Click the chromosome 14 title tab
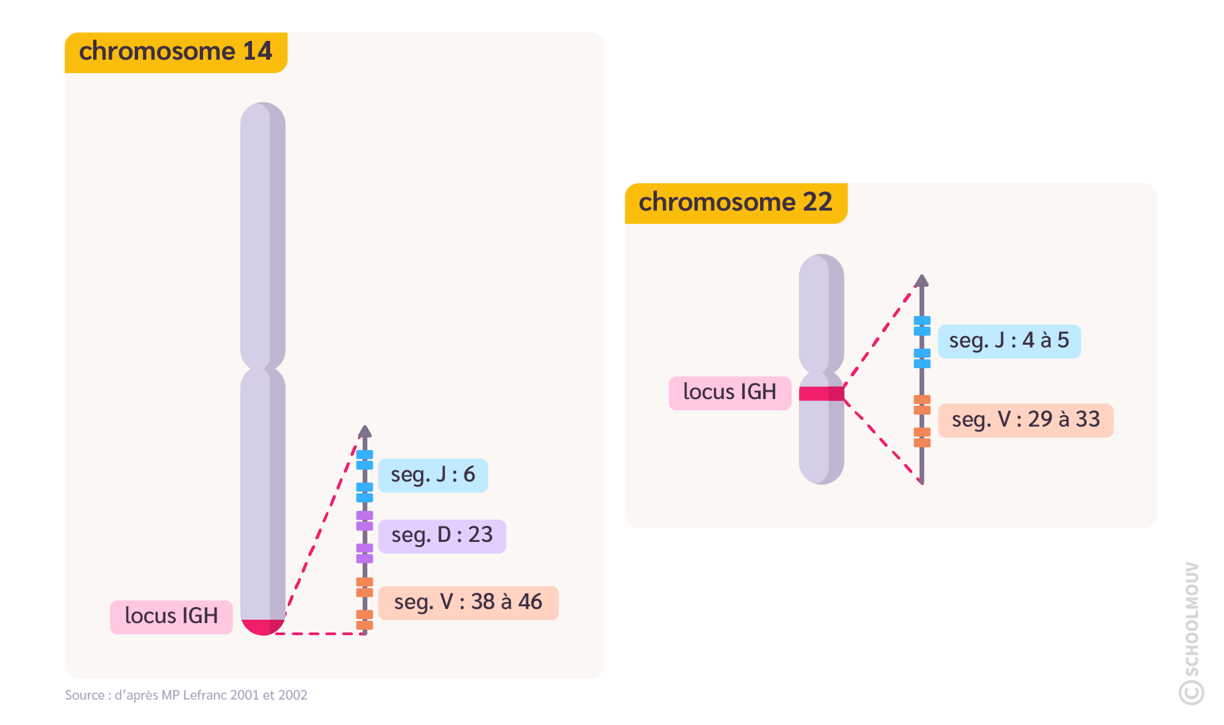176,52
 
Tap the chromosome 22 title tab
735,203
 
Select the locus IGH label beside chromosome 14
171,616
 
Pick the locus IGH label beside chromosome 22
729,392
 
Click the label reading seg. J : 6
432,476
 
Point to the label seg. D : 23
441,536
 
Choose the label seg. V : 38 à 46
468,602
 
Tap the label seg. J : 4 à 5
1009,341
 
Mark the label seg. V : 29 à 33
1026,420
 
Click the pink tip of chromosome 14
263,626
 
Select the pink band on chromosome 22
821,394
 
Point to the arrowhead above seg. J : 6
365,431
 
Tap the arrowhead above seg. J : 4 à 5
922,280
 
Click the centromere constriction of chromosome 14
263,368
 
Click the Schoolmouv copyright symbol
1191,692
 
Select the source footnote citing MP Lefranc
186,695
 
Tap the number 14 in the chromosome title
257,52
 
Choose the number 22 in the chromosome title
817,203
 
